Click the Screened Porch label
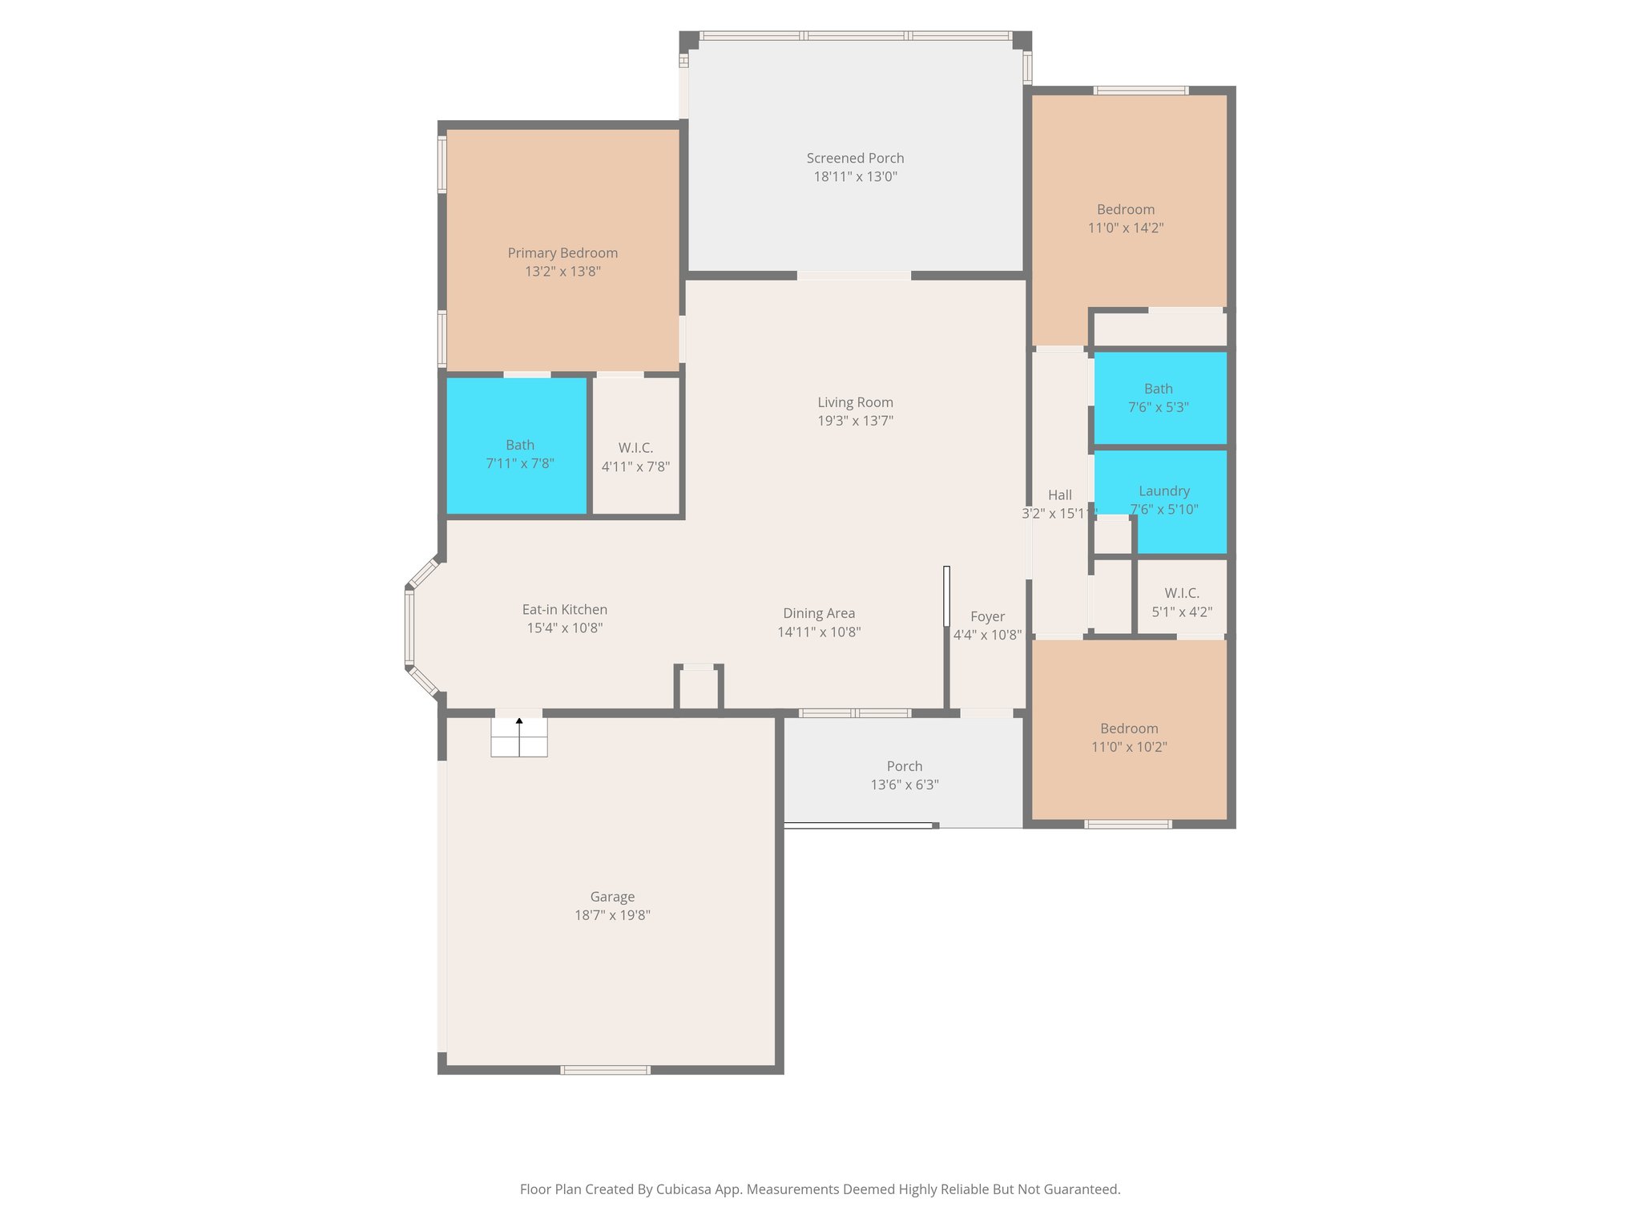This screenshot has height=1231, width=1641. click(855, 159)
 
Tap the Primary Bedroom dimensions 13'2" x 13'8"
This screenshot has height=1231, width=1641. click(562, 272)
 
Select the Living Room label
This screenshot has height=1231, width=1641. click(855, 402)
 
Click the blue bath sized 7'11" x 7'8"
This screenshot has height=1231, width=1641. click(519, 454)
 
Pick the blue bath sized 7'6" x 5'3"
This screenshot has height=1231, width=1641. click(1158, 398)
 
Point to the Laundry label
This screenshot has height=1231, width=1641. click(1163, 491)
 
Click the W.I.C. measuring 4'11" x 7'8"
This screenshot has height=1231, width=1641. click(635, 457)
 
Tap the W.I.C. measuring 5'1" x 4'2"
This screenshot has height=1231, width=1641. click(1181, 602)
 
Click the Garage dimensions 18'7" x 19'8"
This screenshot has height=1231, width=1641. click(612, 915)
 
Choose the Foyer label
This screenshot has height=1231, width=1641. click(987, 616)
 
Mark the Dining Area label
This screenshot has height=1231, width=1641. click(819, 614)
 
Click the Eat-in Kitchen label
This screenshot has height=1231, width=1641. click(564, 610)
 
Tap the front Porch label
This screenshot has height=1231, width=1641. click(904, 767)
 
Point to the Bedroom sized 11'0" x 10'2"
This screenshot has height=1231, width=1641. click(1128, 737)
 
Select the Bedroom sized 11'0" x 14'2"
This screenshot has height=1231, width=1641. click(1125, 218)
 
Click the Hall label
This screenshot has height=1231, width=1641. click(1059, 495)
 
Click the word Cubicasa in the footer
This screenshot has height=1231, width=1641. click(686, 1189)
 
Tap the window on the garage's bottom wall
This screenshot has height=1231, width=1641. click(605, 1070)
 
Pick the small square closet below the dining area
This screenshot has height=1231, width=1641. click(699, 689)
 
